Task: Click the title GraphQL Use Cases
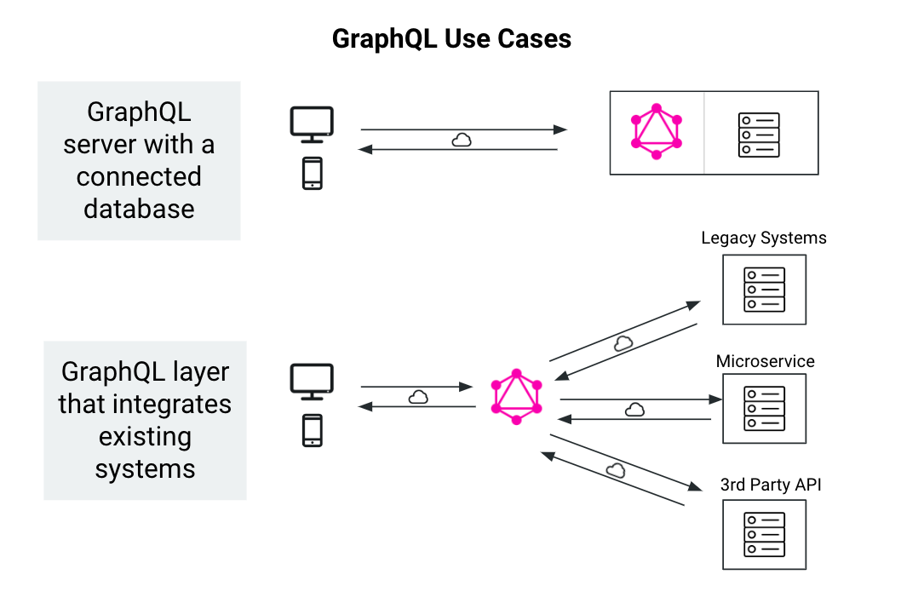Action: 450,39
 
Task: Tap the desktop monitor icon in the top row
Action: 312,124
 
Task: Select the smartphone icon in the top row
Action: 313,173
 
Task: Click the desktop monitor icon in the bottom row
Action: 312,382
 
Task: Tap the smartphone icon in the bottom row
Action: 313,430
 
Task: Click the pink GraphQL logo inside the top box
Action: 657,132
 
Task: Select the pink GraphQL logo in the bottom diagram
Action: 516,398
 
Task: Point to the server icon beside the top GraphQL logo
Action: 759,135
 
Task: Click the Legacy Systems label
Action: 764,238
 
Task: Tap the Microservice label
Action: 765,361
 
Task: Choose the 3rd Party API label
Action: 771,485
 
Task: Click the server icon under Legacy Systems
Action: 764,289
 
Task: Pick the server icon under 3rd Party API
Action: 764,534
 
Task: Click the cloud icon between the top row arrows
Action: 461,140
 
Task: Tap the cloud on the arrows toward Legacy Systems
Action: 623,343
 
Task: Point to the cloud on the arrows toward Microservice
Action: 634,410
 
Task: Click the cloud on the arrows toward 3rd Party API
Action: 616,469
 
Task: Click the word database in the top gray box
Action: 139,209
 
